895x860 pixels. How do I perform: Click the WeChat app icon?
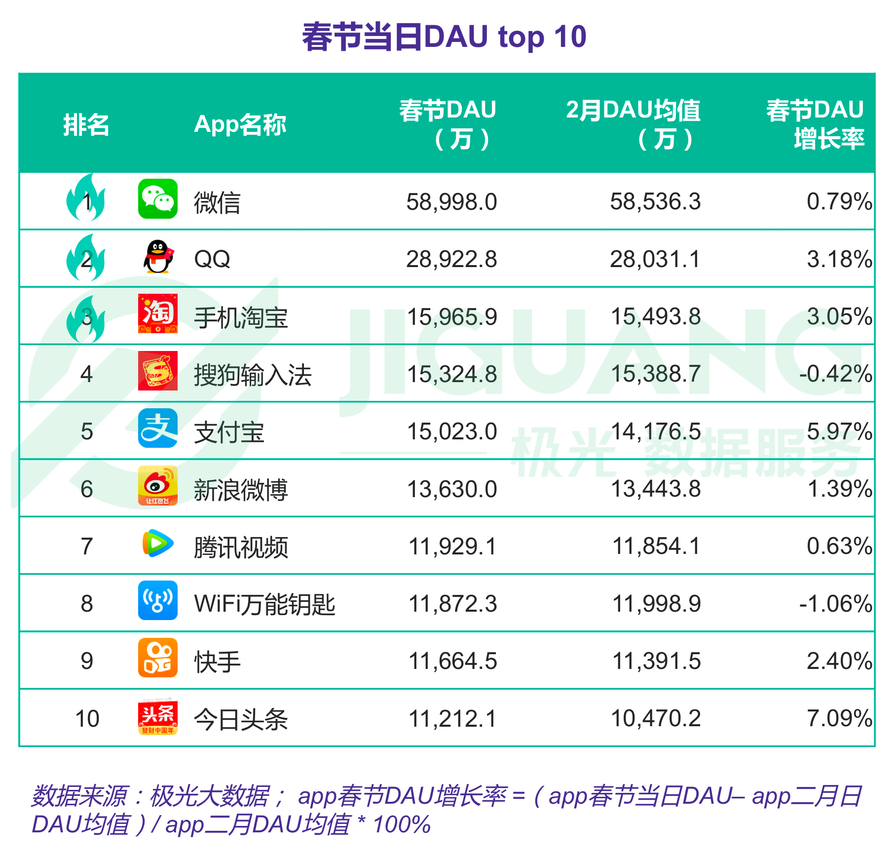coord(157,199)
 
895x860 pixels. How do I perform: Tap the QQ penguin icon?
coord(158,257)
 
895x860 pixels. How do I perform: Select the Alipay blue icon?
coord(157,428)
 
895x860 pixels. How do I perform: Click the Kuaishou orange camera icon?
coord(157,658)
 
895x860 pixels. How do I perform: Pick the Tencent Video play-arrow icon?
coord(157,543)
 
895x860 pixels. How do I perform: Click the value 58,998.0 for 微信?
coord(451,202)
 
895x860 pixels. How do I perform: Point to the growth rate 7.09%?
coord(839,718)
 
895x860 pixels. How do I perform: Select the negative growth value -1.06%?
coord(836,604)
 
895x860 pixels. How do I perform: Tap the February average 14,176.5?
coord(656,431)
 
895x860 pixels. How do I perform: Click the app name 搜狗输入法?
coord(253,375)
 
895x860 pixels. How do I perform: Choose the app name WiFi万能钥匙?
coord(264,604)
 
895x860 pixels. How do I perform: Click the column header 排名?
coord(86,124)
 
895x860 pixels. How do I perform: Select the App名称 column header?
coord(240,124)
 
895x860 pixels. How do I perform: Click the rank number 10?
coord(87,719)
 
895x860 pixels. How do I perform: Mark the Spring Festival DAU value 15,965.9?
coord(451,317)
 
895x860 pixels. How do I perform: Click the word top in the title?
coord(521,37)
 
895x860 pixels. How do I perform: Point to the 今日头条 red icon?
coord(157,716)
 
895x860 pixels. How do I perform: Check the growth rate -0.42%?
coord(836,374)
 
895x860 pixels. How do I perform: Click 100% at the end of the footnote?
coord(402,824)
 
